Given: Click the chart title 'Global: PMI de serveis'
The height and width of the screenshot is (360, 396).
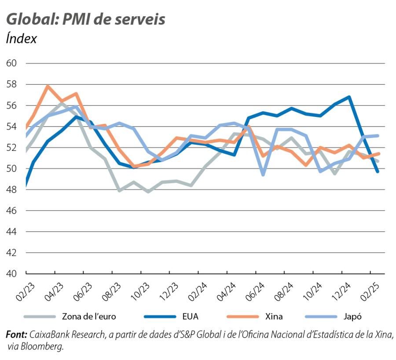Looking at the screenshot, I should (x=86, y=19).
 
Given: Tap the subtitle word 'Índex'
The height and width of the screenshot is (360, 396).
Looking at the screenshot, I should (x=21, y=39).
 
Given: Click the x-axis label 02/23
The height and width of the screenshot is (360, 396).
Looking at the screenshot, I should (x=25, y=291).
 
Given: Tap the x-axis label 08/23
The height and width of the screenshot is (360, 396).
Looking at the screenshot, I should (x=111, y=291).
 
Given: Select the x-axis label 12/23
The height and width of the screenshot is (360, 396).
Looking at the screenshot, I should (x=169, y=291).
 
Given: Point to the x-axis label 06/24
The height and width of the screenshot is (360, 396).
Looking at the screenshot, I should (x=254, y=291).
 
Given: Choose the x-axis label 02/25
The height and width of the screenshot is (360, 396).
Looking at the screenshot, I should (x=369, y=291).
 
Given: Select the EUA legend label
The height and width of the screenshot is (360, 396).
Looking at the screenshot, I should (x=190, y=316).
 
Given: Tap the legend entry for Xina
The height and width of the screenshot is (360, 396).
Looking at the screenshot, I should (x=274, y=316).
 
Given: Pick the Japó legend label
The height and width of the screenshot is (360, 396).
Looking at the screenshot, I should (x=352, y=316).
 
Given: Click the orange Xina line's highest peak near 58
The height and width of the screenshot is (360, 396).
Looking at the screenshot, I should (x=48, y=86).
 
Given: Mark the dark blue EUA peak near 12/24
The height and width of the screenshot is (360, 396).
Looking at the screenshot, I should (x=349, y=97).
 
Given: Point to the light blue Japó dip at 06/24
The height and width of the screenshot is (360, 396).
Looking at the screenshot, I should (x=263, y=175).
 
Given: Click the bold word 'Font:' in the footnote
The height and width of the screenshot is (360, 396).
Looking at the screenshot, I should (x=17, y=335).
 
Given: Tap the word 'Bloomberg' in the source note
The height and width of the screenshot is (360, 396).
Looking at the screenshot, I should (x=45, y=346).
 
